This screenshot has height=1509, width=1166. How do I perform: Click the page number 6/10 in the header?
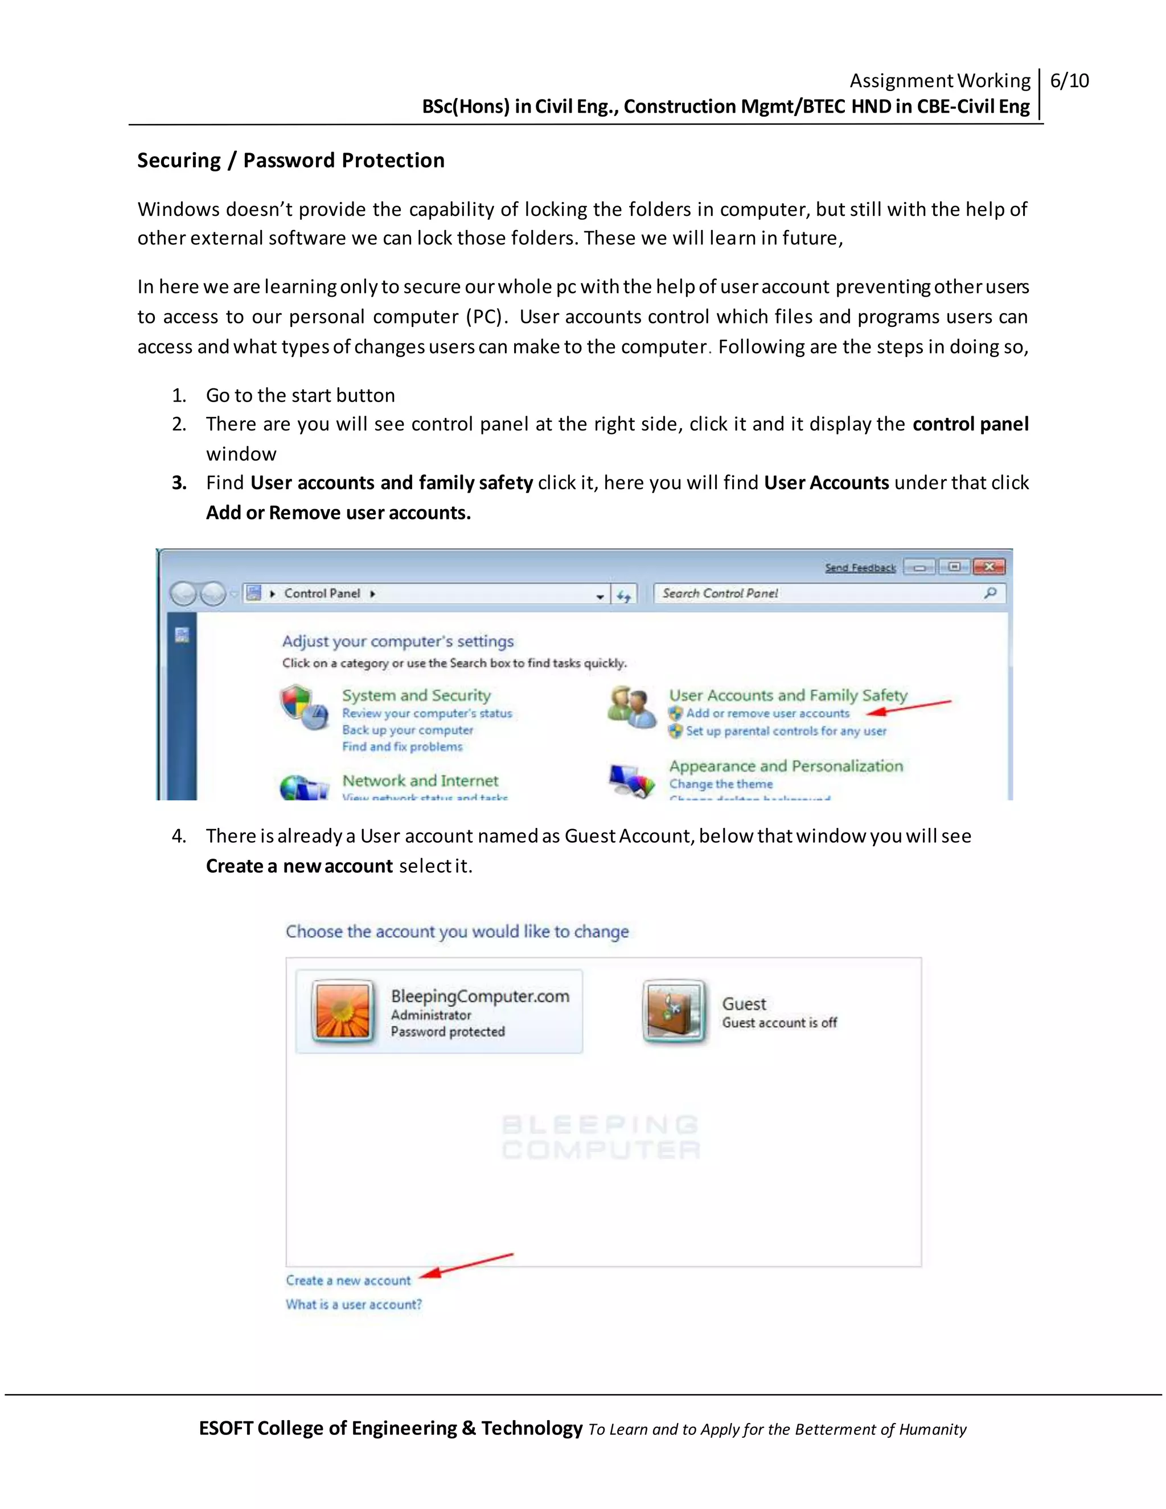point(1069,81)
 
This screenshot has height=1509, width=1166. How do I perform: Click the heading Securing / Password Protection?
point(291,161)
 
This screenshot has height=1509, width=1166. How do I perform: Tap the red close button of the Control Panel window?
point(988,567)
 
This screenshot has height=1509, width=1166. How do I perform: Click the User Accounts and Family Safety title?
point(787,695)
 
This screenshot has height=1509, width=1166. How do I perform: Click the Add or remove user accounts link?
point(767,713)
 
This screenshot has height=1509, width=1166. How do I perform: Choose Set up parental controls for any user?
point(785,731)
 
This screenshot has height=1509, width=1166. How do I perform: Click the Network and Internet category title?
point(420,781)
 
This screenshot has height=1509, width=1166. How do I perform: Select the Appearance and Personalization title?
point(785,766)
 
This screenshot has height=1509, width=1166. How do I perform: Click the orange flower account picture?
point(343,1011)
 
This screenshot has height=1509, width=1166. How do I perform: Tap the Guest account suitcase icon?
point(674,1011)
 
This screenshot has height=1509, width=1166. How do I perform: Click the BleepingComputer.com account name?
point(480,997)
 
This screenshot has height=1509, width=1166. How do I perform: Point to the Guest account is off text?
point(779,1023)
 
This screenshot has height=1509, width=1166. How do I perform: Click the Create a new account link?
point(348,1280)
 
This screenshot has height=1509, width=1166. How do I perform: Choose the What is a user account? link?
point(354,1305)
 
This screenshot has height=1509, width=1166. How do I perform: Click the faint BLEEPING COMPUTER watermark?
point(600,1137)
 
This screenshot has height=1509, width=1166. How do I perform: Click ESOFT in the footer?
point(226,1428)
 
